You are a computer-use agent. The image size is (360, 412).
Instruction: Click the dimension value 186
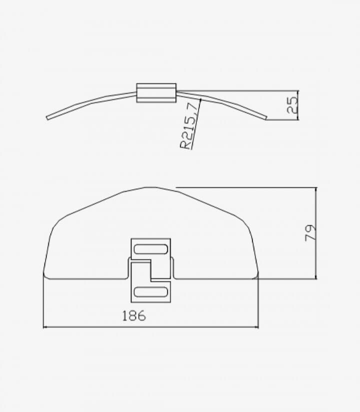pos(134,315)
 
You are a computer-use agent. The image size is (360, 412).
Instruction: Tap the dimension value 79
pos(310,233)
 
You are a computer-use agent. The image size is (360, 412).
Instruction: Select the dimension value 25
pos(292,105)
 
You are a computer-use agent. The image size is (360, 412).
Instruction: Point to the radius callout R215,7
pos(188,126)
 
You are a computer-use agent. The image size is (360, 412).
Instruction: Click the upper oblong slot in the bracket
pos(150,249)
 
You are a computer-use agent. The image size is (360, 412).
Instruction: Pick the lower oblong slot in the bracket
pos(150,292)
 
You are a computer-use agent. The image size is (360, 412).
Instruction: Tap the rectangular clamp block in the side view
pos(156,93)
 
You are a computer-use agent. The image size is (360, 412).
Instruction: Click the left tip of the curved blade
pos(47,118)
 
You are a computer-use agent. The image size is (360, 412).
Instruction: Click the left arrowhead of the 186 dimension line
pos(45,327)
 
